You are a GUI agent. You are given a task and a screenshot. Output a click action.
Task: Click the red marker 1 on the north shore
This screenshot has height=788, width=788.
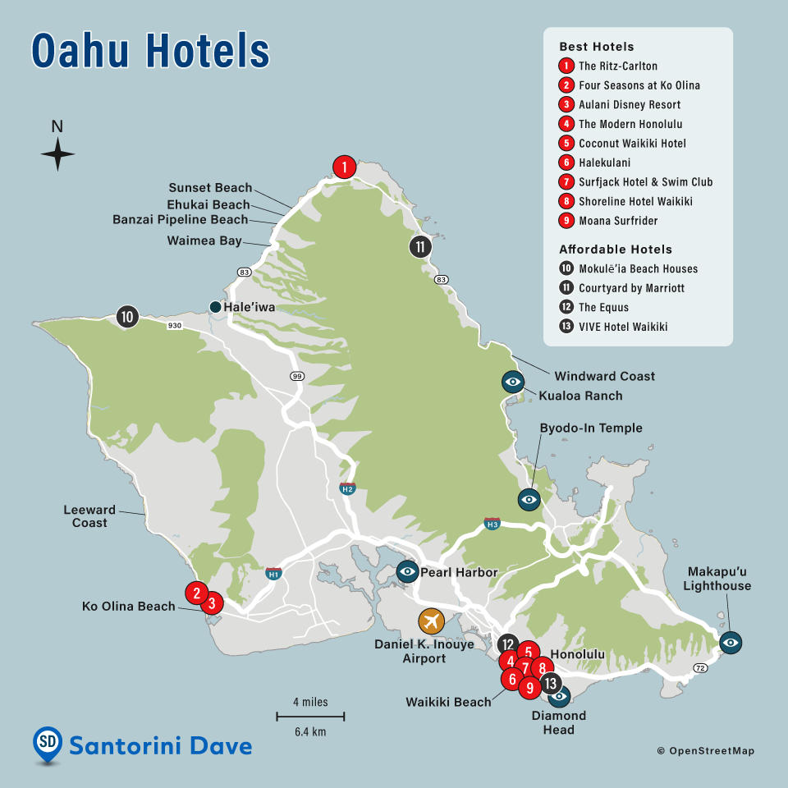[345, 167]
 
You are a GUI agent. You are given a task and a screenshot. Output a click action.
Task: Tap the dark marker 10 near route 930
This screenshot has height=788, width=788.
[126, 316]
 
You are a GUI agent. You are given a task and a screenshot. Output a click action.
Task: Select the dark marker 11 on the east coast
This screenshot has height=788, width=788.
[420, 246]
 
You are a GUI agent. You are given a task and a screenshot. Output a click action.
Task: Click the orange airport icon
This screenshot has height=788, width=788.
[430, 621]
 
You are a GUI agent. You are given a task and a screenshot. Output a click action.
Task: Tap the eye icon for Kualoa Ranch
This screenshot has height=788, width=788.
[513, 382]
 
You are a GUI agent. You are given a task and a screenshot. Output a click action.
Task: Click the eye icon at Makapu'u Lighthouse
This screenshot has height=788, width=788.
[730, 642]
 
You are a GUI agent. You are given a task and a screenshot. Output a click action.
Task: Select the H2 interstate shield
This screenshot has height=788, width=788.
[347, 488]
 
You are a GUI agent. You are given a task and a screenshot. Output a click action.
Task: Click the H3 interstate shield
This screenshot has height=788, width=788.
[492, 523]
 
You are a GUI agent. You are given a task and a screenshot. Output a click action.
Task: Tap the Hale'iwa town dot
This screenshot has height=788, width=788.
[215, 307]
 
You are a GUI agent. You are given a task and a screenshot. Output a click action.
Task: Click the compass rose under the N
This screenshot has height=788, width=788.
[57, 153]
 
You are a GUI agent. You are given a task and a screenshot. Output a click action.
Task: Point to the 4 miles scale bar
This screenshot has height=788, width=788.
[309, 717]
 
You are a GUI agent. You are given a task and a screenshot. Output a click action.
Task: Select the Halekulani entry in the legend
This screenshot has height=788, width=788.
[607, 163]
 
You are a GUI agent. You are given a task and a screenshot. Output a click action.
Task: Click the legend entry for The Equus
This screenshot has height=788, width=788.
[603, 307]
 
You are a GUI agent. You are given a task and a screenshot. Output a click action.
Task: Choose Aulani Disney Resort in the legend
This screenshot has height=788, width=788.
[629, 104]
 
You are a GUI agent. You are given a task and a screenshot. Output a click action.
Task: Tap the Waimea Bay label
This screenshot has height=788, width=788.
[204, 241]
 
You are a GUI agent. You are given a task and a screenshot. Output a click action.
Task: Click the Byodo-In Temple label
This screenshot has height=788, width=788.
[590, 428]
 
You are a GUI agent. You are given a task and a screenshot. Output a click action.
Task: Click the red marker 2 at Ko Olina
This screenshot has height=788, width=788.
[195, 592]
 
